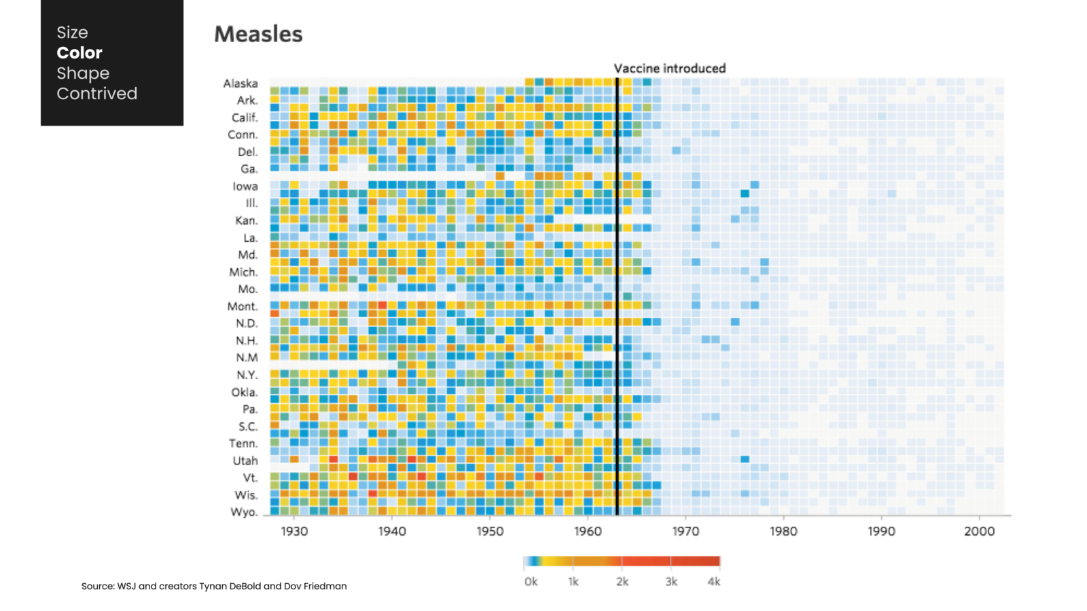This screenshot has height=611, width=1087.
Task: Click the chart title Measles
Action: coord(258,35)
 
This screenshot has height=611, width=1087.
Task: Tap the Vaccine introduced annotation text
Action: coord(669,69)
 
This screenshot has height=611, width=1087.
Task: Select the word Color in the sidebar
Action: coord(79,53)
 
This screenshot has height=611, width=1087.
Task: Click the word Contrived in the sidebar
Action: coord(96,94)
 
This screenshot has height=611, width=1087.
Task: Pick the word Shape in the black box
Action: coord(83,73)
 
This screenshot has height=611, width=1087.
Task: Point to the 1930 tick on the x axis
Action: coord(294,531)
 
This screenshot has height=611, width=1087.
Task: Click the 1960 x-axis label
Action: coord(588,531)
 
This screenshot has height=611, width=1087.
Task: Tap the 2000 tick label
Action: coord(979,531)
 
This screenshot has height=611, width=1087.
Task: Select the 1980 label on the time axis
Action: coord(783,531)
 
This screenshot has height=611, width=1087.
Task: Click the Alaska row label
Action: coord(240,84)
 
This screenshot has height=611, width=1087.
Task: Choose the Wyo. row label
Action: coord(244,512)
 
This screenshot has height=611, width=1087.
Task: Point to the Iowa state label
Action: coord(245,186)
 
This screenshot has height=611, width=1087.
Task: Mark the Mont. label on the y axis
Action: coord(242,306)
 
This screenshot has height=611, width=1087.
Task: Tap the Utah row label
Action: coord(245,460)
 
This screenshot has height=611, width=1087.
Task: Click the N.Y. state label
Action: coord(247,375)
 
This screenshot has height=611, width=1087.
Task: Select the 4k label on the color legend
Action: coord(713,582)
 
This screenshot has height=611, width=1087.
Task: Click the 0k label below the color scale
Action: coord(531,582)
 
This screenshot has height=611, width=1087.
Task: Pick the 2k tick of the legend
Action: coord(622,582)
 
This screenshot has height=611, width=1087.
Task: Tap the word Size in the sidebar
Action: coord(72,33)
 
